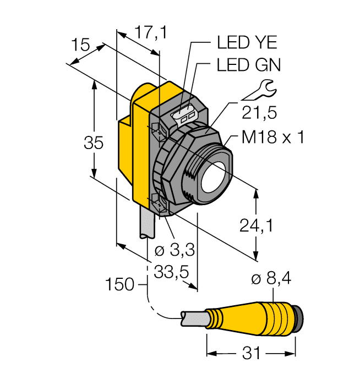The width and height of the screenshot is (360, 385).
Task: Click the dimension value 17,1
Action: pos(143,34)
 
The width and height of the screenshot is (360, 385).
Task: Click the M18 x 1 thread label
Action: pos(273,137)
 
